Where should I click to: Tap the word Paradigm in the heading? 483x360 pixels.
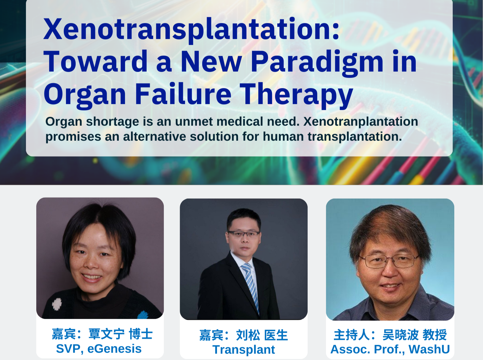(x=317, y=63)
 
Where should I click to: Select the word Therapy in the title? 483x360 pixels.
(x=296, y=95)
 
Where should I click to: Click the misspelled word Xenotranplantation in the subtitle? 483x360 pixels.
(x=360, y=122)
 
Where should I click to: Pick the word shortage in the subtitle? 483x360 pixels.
(x=112, y=122)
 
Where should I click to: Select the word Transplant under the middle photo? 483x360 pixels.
(x=244, y=350)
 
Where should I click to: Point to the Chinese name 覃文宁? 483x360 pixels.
(x=107, y=334)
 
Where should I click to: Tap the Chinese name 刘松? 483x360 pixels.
(x=248, y=335)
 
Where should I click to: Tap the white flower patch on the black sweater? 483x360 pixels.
(x=57, y=304)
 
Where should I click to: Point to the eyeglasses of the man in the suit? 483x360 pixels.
(x=244, y=233)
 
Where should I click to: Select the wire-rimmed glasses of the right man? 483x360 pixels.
(x=389, y=261)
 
